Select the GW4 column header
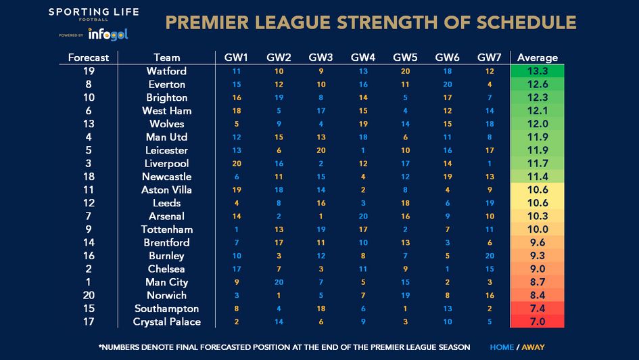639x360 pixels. (363, 58)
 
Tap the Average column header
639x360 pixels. (538, 58)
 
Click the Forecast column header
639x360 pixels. (89, 58)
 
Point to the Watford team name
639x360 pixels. (166, 71)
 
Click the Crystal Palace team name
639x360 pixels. (166, 321)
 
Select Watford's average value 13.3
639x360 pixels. (538, 71)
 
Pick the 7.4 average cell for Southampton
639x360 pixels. (538, 309)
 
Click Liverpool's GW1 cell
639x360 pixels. (237, 163)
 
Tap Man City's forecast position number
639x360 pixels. (89, 282)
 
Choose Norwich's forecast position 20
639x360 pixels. (89, 295)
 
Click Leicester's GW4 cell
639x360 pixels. (363, 150)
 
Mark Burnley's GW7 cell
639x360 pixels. (490, 256)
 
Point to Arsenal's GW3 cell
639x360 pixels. (321, 216)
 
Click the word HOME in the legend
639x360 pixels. (502, 347)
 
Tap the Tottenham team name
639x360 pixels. (166, 229)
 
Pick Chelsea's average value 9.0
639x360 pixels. (538, 269)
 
